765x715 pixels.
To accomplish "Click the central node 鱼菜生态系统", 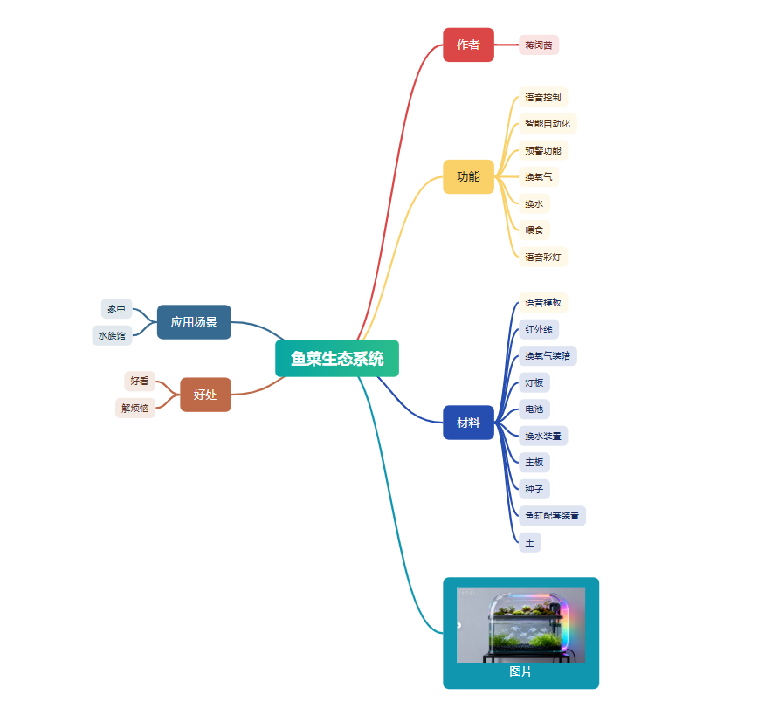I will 337,358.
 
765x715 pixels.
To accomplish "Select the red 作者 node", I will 468,45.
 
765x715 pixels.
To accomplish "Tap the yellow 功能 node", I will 468,176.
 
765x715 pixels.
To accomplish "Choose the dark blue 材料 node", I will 468,423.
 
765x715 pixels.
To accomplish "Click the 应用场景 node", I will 194,322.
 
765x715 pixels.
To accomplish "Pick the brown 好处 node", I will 205,395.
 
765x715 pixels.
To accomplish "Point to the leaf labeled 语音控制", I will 543,97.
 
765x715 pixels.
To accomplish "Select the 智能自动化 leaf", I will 548,123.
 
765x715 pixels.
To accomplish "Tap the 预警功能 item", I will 543,150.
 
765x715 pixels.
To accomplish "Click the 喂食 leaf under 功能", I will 534,230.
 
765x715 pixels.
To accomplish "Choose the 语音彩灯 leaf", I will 543,257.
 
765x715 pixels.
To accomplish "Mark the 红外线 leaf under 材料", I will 539,329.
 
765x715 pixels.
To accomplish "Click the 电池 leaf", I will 534,409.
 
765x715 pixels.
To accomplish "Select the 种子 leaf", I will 534,489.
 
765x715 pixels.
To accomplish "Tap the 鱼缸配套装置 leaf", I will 552,515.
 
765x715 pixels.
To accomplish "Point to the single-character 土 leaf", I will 530,542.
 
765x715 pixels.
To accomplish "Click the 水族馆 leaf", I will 112,335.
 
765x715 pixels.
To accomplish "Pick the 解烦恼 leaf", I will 135,408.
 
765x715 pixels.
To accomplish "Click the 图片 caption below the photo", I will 520,671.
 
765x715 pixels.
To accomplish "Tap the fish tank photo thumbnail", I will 520,625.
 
